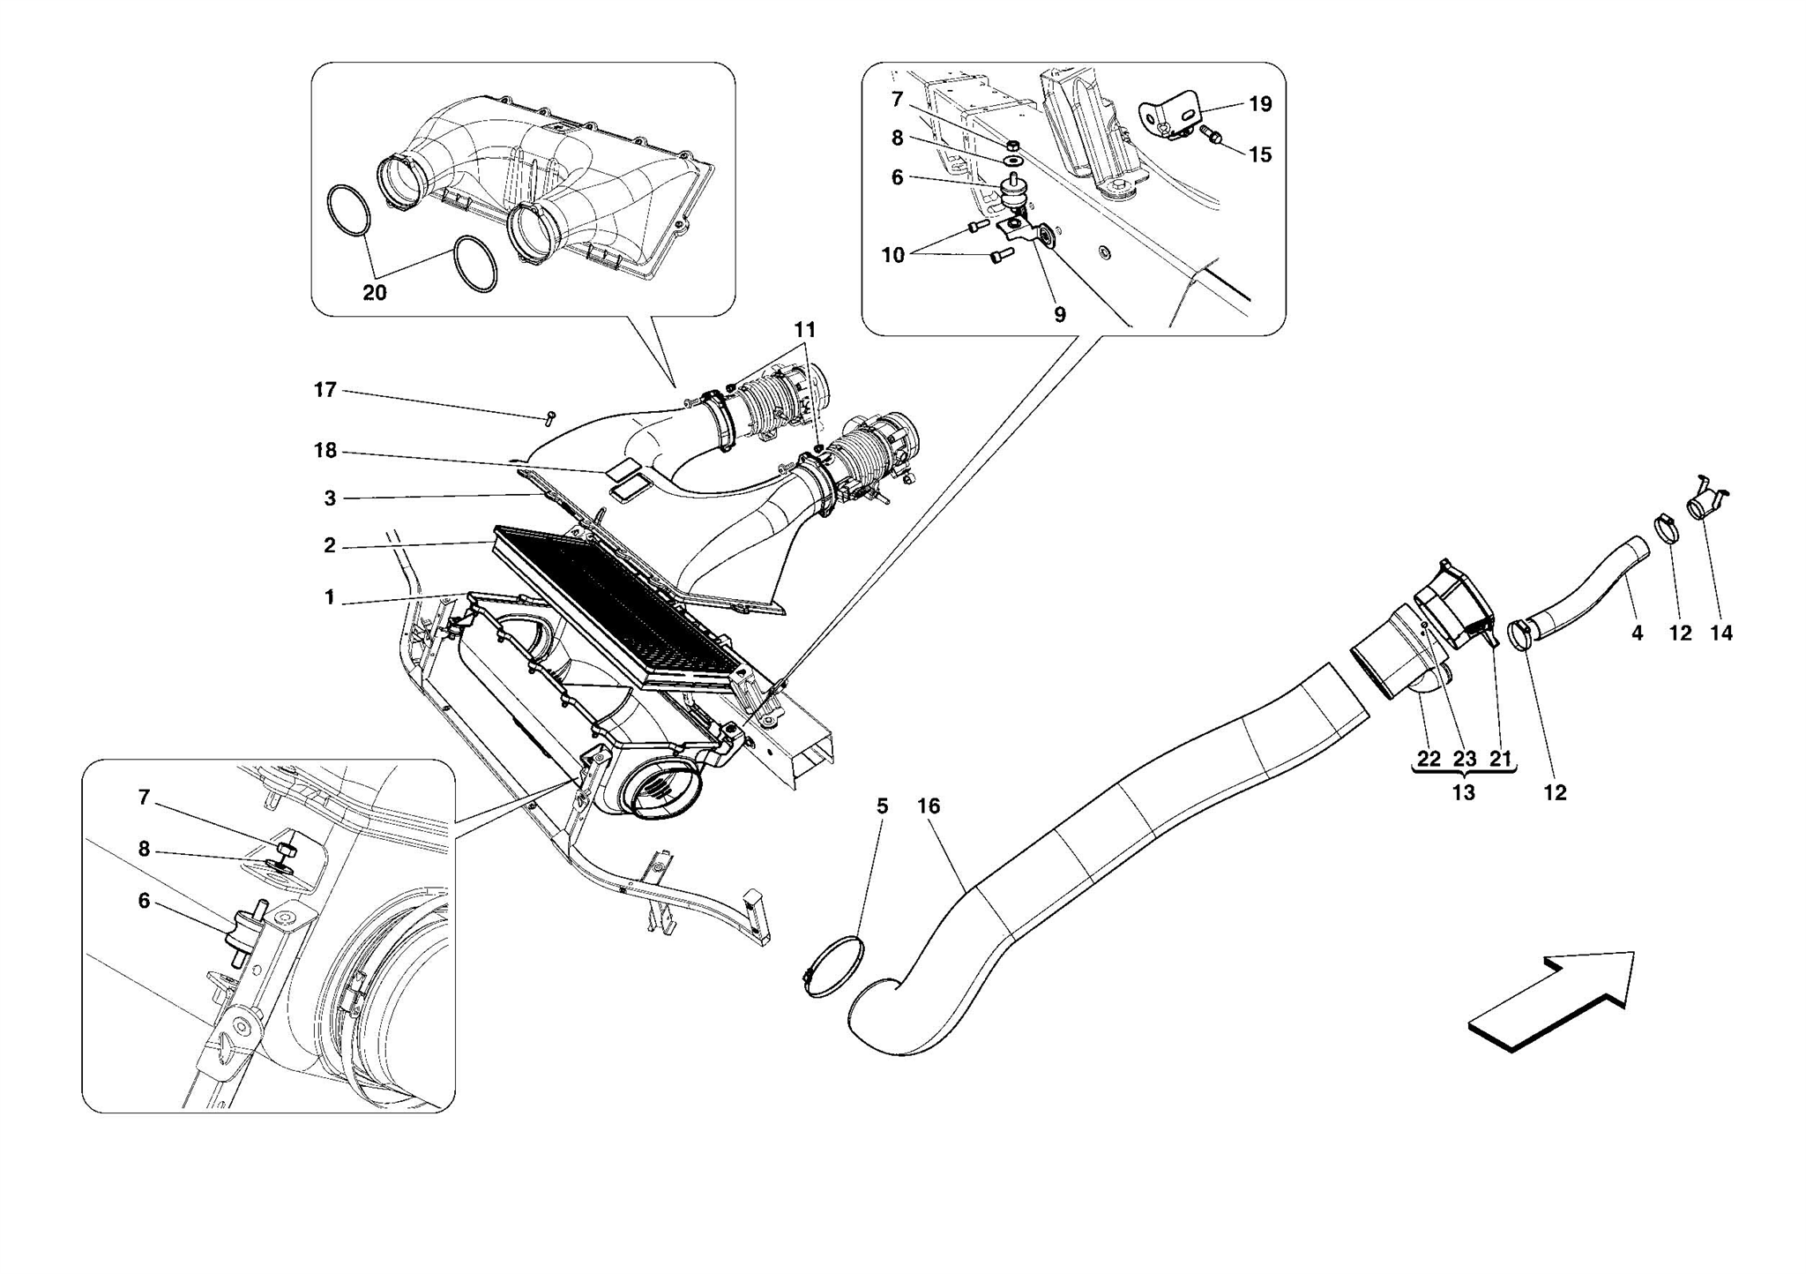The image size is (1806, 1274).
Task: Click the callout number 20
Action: pos(374,293)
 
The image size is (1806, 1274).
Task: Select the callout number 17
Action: pos(325,390)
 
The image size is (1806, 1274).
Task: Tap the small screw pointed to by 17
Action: pos(550,416)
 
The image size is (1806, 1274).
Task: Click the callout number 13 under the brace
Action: pos(1463,792)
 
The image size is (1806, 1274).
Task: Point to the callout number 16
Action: pos(929,806)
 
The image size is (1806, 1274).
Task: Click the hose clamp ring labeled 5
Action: pos(832,969)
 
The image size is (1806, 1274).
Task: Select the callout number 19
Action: pos(1260,104)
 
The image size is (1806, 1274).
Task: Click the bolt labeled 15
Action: pos(1210,135)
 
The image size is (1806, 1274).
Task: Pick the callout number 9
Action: pos(1059,314)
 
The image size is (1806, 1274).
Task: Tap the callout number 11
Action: pos(804,330)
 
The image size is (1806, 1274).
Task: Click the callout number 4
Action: pos(1637,633)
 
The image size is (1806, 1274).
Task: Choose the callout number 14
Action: pos(1720,633)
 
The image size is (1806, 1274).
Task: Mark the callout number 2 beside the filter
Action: pos(330,546)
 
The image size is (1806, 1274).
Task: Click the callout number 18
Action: pos(325,451)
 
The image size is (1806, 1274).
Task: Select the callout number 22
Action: pos(1429,759)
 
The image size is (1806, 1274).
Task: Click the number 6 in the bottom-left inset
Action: pos(144,901)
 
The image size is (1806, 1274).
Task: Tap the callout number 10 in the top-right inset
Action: pos(892,255)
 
